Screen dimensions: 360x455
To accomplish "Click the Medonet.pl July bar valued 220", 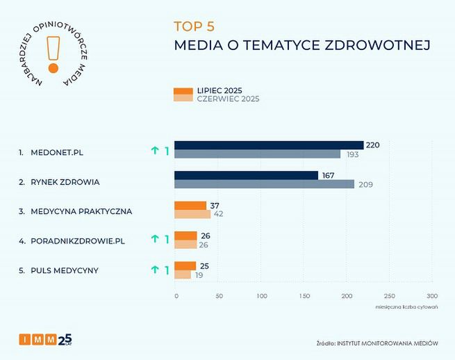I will coord(268,145).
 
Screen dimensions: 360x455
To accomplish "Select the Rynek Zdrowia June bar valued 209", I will coord(264,184).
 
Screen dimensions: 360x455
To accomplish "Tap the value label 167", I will coord(329,176).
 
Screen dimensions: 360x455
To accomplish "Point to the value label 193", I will coord(352,154).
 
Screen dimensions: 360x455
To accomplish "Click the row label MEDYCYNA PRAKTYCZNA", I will coord(81,211).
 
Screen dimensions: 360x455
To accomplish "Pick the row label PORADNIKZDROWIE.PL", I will coord(77,240).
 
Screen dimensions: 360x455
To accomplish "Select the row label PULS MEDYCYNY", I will coord(64,270).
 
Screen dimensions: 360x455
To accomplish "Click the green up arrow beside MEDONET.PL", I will coord(154,150).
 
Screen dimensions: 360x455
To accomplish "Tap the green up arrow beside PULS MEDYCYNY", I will coord(154,270).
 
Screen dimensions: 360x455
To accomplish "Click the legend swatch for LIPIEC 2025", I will coord(183,90).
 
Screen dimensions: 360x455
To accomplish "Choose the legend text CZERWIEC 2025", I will coord(228,99).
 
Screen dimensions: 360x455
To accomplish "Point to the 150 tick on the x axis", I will coord(304,296).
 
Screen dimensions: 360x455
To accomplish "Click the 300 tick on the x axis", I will coord(432,296).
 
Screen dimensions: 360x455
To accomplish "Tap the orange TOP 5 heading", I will coord(194,26).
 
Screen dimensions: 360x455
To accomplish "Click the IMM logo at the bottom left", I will coord(45,340).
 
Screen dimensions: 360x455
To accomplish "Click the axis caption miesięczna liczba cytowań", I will coord(407,306).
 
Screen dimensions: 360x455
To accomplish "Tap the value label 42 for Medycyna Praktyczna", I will coord(217,214).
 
